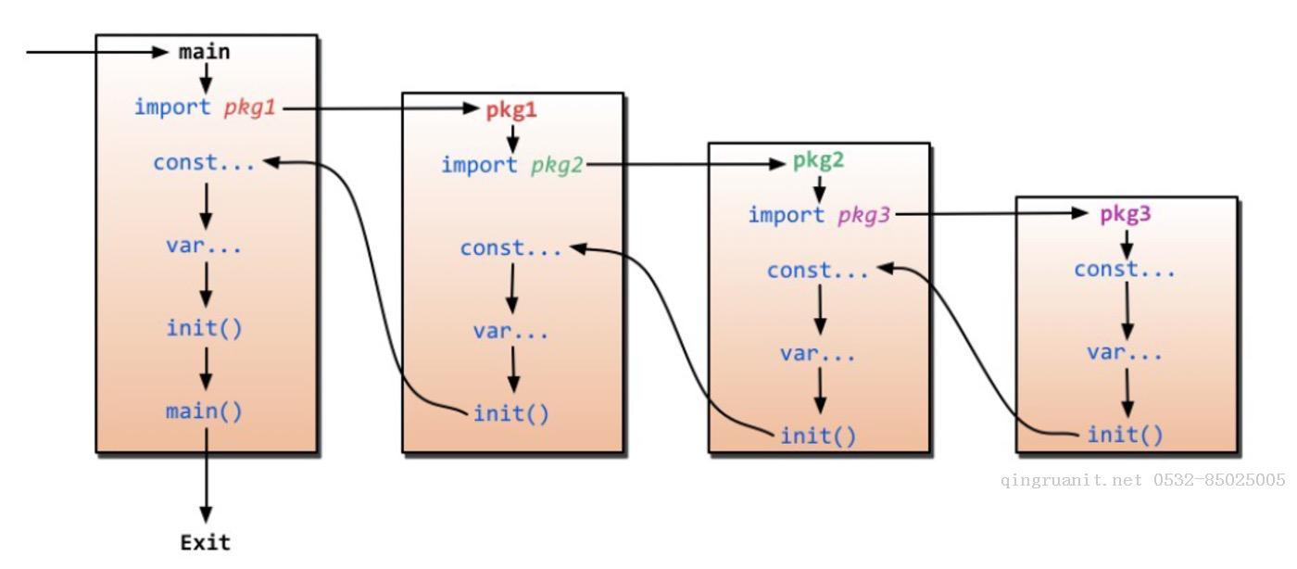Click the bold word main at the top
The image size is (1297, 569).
click(x=204, y=52)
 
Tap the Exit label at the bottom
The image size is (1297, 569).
click(x=205, y=542)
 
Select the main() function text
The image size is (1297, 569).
click(x=204, y=411)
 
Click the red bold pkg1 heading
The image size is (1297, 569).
click(x=511, y=110)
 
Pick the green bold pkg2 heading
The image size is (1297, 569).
click(x=818, y=160)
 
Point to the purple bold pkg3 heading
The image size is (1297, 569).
click(x=1126, y=214)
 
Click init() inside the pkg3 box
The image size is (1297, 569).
click(x=1125, y=434)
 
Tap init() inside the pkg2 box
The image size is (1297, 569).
click(x=818, y=435)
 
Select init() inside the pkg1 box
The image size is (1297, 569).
click(x=510, y=413)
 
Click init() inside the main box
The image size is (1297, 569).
click(x=204, y=328)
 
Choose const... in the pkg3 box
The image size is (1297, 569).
click(x=1125, y=270)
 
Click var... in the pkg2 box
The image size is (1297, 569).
click(x=818, y=353)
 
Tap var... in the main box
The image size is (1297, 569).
click(x=204, y=246)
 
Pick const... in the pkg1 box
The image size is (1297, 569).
click(x=510, y=248)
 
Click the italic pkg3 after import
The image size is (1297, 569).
click(x=863, y=216)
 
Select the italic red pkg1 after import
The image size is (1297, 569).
click(x=249, y=107)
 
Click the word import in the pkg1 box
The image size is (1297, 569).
click(x=479, y=165)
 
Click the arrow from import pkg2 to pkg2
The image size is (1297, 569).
click(x=686, y=165)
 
